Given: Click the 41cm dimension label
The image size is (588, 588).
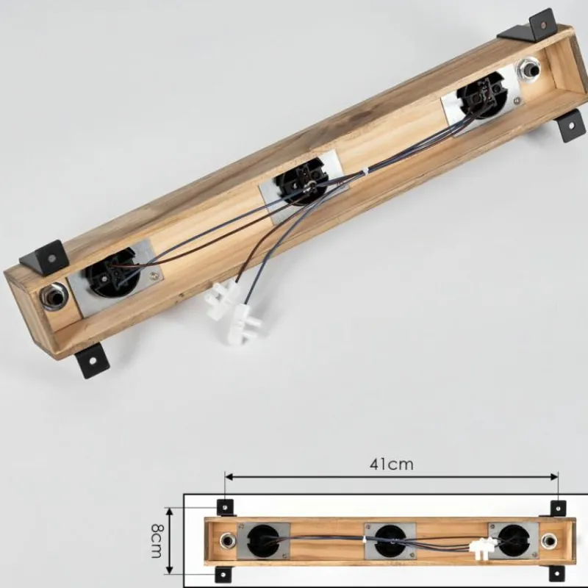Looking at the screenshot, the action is [x=392, y=465].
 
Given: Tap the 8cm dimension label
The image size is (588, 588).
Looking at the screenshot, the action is [x=157, y=540].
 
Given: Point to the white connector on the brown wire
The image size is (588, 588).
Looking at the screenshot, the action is [x=222, y=296].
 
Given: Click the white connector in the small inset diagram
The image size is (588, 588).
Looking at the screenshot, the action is [x=483, y=546].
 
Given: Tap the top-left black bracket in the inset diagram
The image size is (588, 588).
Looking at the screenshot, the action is [x=225, y=508].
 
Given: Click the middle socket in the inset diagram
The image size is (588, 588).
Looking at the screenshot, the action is [x=391, y=541].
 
